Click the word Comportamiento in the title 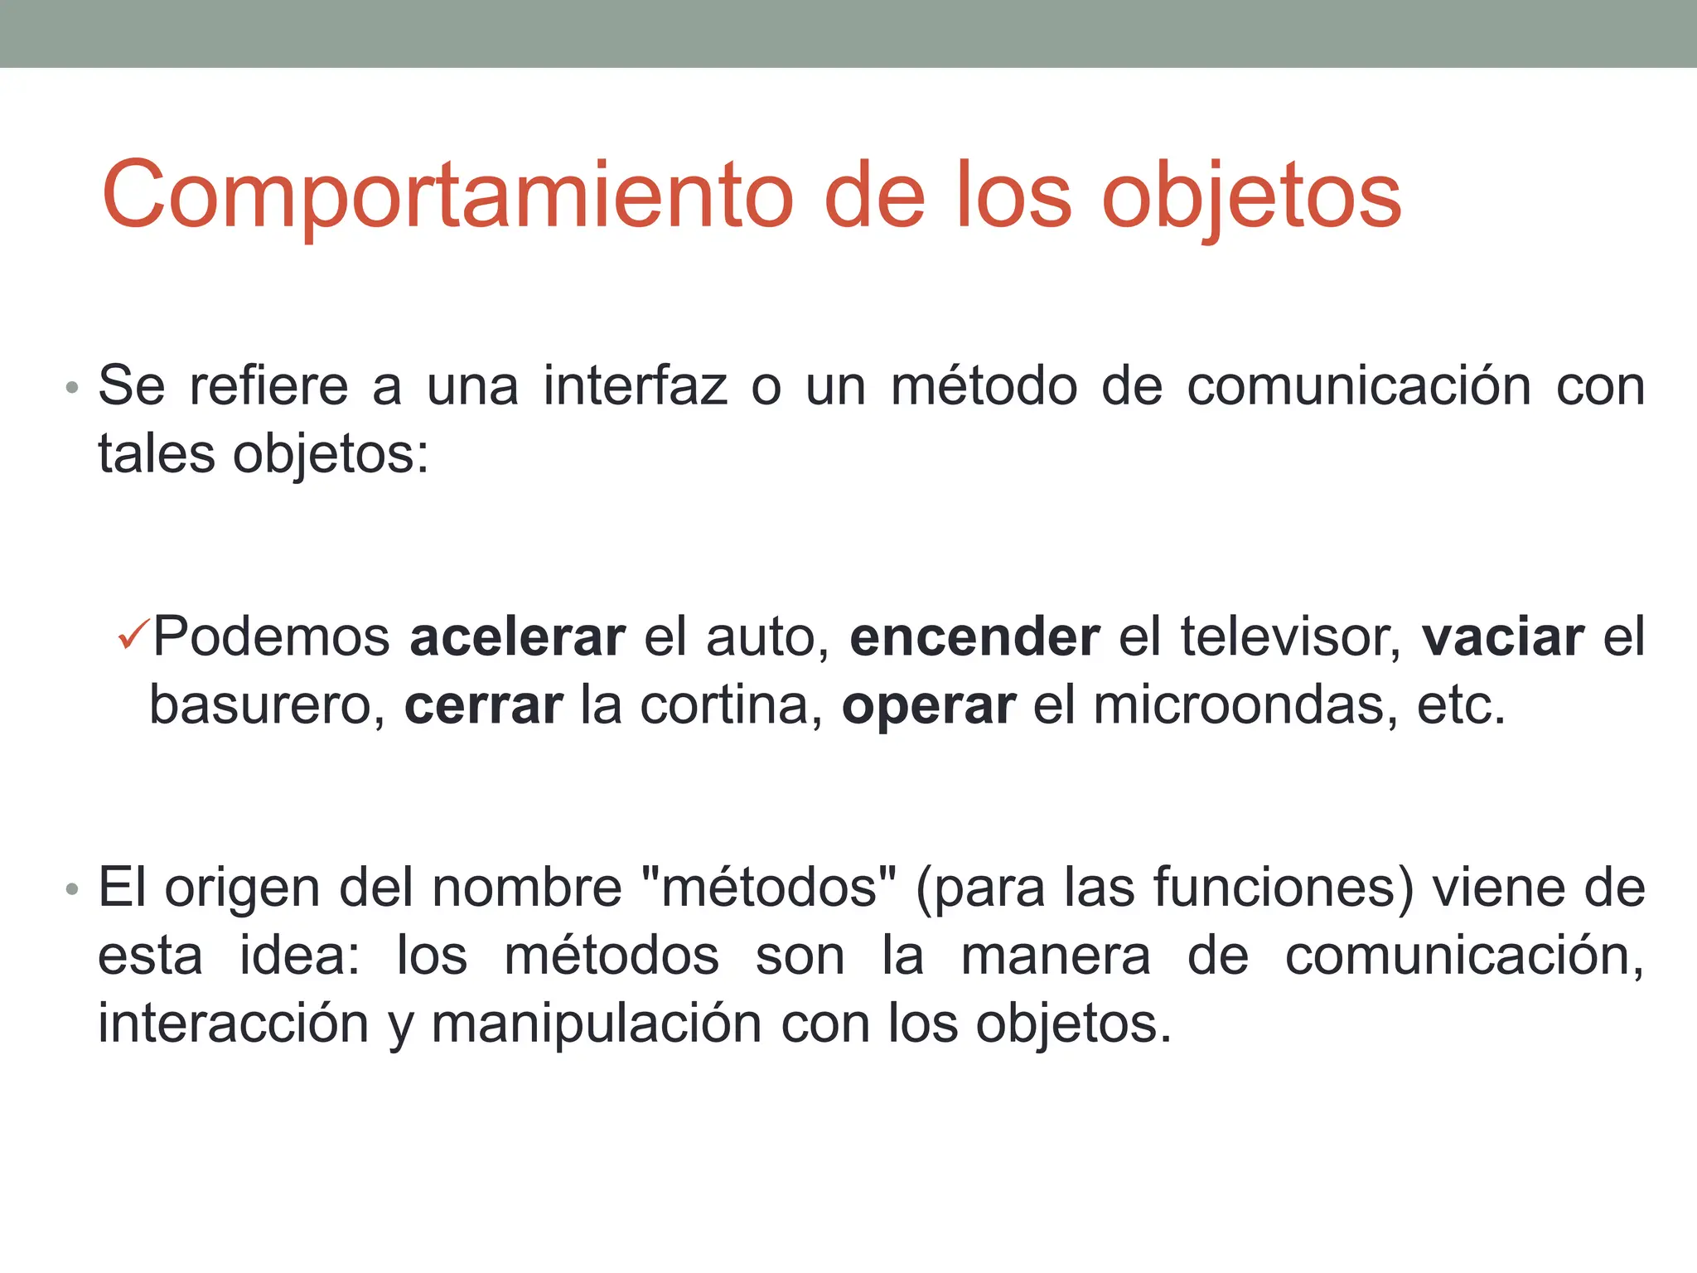pyautogui.click(x=447, y=197)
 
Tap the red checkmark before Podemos pyautogui.click(x=133, y=635)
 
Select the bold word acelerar pyautogui.click(x=518, y=637)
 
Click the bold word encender pyautogui.click(x=974, y=637)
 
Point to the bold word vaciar pyautogui.click(x=1503, y=637)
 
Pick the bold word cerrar pyautogui.click(x=483, y=706)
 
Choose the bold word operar pyautogui.click(x=929, y=706)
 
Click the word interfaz pyautogui.click(x=636, y=386)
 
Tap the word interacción pyautogui.click(x=233, y=1024)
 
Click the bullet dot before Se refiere pyautogui.click(x=73, y=388)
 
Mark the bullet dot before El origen pyautogui.click(x=73, y=889)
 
